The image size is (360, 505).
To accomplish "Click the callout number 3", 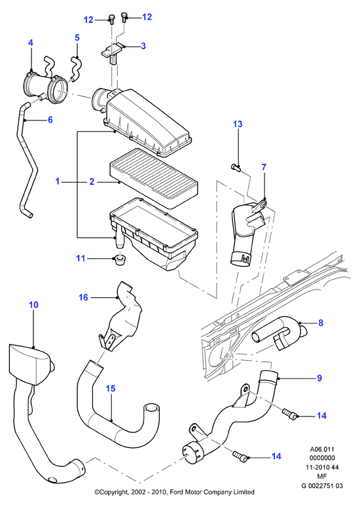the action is (x=143, y=46).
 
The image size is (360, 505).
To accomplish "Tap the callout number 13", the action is (x=238, y=124).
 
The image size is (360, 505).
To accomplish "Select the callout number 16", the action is (x=83, y=297).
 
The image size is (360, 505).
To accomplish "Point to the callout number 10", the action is (x=33, y=305).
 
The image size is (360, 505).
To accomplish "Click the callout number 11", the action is (x=81, y=258).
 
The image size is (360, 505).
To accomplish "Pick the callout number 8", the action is (x=321, y=323).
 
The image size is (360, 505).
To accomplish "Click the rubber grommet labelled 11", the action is (x=120, y=259).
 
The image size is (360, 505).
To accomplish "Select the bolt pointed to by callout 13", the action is (x=237, y=167).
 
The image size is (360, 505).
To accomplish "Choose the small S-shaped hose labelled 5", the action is (x=76, y=67).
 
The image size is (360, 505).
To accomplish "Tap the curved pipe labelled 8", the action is (x=279, y=334).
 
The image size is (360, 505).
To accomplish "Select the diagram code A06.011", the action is (x=322, y=449).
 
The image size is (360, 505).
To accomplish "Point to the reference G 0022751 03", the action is (x=322, y=485).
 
